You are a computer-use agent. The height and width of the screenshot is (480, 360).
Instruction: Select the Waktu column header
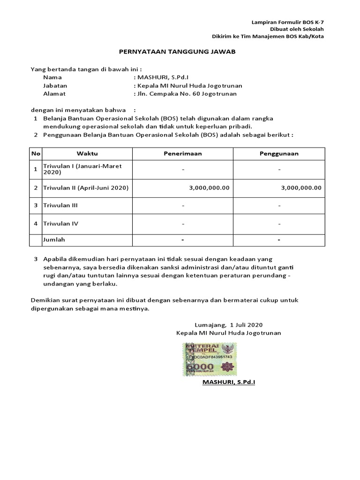87,153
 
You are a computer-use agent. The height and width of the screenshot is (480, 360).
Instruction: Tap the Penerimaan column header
183,153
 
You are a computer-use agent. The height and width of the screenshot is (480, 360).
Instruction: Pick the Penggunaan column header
279,153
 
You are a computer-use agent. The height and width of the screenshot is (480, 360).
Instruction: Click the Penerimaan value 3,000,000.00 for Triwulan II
209,187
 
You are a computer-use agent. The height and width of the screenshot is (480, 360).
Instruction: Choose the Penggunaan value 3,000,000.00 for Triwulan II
301,187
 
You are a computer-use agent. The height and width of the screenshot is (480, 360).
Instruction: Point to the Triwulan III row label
60,205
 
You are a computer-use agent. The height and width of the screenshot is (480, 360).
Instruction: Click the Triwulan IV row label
60,224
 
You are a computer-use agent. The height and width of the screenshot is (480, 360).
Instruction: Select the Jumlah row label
54,240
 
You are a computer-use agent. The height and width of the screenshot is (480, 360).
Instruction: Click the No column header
36,153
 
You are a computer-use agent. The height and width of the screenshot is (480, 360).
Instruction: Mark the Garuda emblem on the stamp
229,350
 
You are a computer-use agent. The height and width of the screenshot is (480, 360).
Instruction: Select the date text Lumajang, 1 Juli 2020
228,324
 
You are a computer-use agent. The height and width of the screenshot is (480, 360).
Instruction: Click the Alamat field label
52,94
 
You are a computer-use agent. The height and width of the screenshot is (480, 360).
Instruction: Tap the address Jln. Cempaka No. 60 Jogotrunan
185,94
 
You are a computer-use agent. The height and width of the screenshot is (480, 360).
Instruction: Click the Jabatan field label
55,86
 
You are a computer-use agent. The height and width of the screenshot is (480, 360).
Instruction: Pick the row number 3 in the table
36,205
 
